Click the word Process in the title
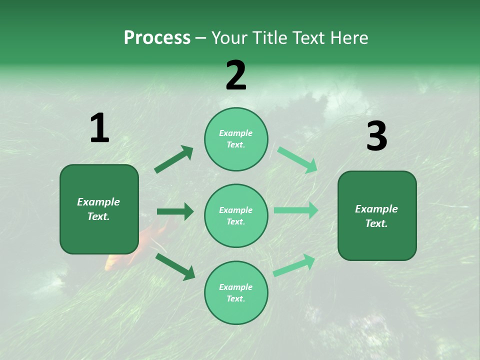[x=157, y=38]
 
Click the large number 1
[x=99, y=128]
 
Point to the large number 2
[x=236, y=75]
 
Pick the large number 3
[x=376, y=136]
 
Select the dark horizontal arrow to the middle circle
[x=175, y=211]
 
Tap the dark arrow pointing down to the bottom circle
[x=175, y=266]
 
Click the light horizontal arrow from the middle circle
[x=296, y=210]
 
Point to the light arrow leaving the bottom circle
[x=294, y=265]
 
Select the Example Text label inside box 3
[x=376, y=216]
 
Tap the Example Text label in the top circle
[x=236, y=139]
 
